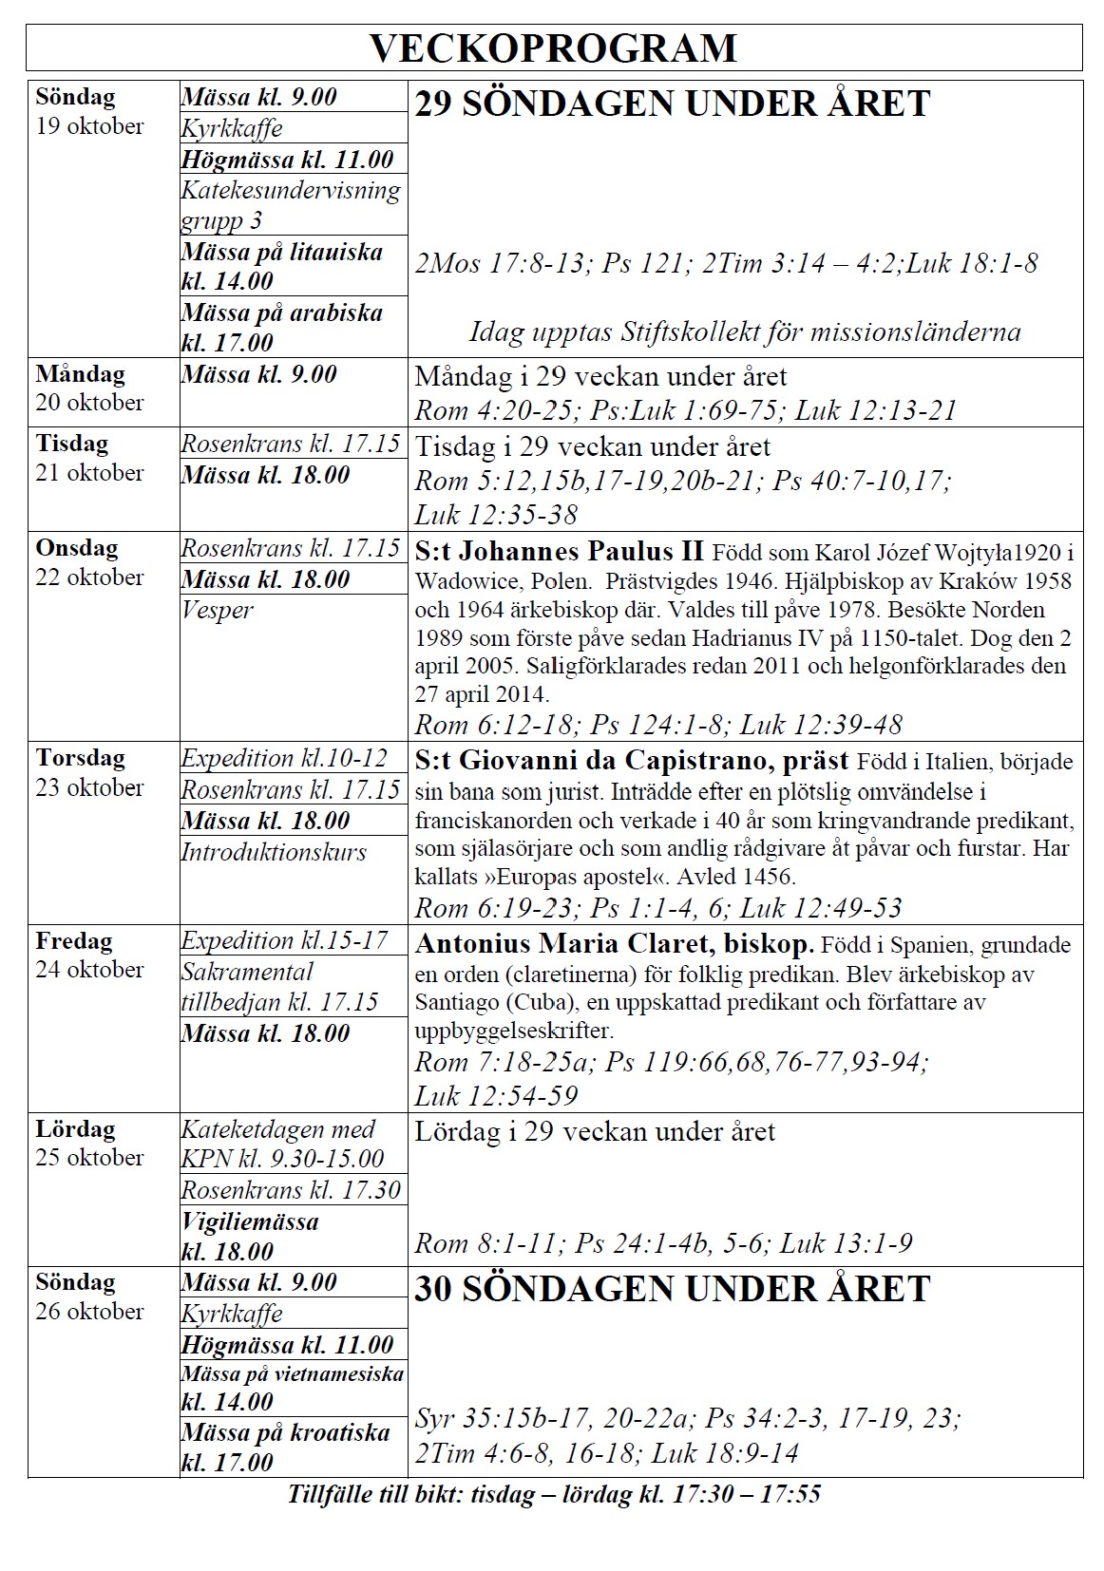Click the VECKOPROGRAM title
pos(553,47)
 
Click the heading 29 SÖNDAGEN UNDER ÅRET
pos(672,104)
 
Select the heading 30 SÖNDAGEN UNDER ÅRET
pos(672,1289)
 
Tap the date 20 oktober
pos(89,403)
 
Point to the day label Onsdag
pos(77,548)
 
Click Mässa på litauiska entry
pos(282,266)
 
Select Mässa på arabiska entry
pos(282,327)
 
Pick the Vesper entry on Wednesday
pos(218,610)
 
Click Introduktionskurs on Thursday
pos(274,852)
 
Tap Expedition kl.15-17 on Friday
pos(285,940)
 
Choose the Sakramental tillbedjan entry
pos(279,987)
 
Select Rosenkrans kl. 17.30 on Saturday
pos(291,1190)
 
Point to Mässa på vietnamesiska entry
pos(292,1387)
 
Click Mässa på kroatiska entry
pos(285,1447)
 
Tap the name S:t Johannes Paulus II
pos(560,551)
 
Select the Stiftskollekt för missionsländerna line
pos(745,331)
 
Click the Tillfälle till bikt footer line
pos(554,1494)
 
